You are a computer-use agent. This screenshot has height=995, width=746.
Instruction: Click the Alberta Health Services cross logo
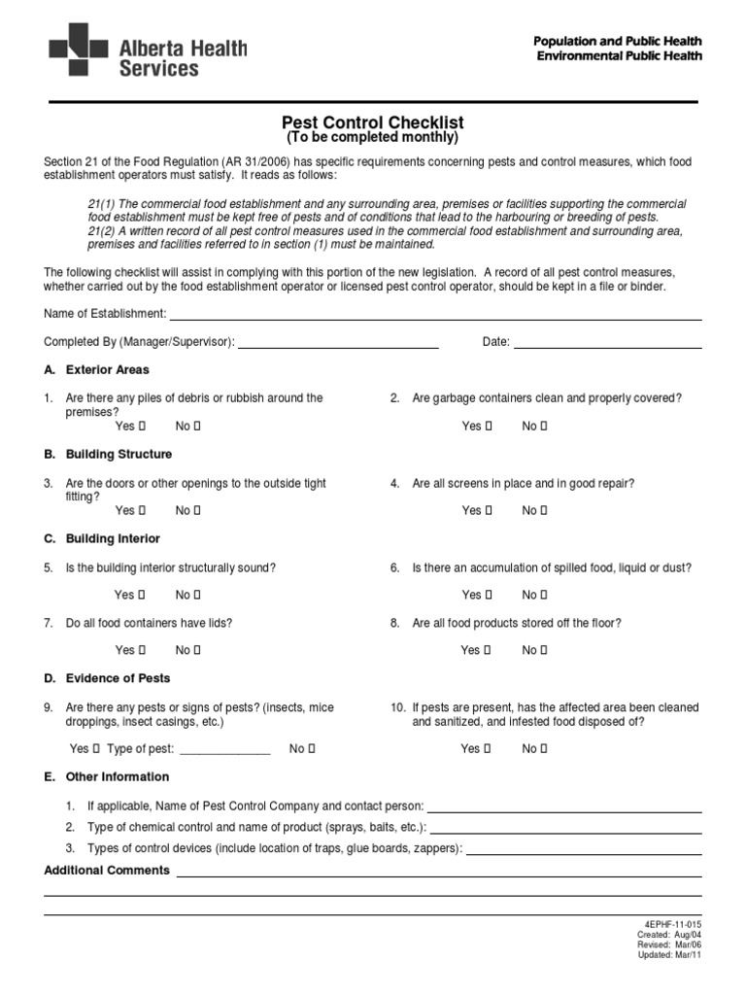(78, 50)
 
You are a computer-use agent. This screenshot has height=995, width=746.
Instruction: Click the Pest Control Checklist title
(372, 122)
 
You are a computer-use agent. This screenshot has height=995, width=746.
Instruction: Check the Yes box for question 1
(142, 426)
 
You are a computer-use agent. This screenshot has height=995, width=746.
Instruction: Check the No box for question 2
(544, 426)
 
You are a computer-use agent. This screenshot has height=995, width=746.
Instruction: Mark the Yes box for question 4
(489, 510)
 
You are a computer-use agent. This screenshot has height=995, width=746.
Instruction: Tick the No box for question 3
(197, 510)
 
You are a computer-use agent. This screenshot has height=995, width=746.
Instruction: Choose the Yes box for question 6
(489, 595)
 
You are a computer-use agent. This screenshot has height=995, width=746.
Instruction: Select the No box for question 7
(197, 650)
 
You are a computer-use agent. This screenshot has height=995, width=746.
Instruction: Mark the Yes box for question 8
(489, 650)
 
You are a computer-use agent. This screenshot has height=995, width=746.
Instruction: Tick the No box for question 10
(544, 748)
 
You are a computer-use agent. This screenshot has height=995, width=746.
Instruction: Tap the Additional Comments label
(107, 871)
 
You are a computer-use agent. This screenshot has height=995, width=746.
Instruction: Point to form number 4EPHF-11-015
(672, 923)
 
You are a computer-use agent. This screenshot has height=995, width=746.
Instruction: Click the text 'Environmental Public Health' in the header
(619, 56)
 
